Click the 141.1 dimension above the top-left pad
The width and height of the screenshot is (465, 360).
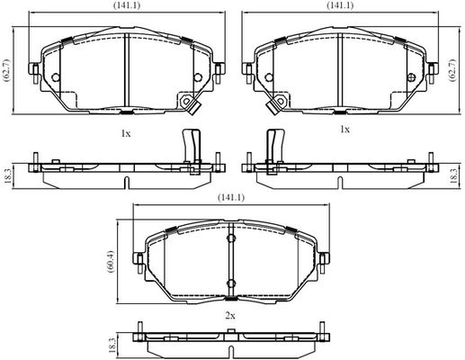pos(127,5)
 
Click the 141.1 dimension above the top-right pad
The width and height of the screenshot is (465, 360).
pos(340,5)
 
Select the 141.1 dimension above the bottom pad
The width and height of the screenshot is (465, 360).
pos(231,197)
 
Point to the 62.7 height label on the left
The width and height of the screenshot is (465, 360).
pos(6,70)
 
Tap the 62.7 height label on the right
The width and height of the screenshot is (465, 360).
pos(452,70)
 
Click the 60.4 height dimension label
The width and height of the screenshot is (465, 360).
pos(111,261)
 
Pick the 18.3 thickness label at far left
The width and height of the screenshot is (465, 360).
pos(8,175)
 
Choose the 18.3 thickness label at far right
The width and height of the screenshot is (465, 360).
pos(453,175)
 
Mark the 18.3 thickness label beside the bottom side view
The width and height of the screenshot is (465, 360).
pos(112,346)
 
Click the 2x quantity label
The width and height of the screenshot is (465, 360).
pos(229,316)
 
